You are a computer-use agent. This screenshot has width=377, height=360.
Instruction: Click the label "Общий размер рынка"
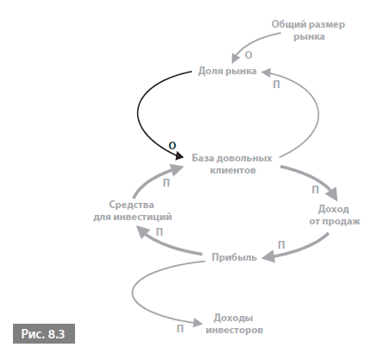pyautogui.click(x=308, y=30)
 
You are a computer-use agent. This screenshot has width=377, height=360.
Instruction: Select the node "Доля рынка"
pyautogui.click(x=227, y=71)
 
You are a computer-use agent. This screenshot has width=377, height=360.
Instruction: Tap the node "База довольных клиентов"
pyautogui.click(x=232, y=164)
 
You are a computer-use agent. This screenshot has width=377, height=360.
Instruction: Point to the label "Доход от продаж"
pyautogui.click(x=335, y=215)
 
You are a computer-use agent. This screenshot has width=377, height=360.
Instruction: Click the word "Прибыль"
pyautogui.click(x=234, y=257)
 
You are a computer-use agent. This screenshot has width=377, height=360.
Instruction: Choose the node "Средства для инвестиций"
pyautogui.click(x=133, y=211)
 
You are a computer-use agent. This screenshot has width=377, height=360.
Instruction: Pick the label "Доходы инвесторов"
pyautogui.click(x=234, y=324)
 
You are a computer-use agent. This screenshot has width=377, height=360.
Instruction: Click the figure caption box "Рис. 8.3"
pyautogui.click(x=44, y=333)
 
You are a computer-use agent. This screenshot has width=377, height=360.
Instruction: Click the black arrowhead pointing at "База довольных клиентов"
pyautogui.click(x=179, y=156)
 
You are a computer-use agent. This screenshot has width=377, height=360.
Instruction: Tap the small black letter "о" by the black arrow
pyautogui.click(x=172, y=145)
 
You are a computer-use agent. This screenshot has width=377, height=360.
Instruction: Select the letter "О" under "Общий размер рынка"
pyautogui.click(x=248, y=55)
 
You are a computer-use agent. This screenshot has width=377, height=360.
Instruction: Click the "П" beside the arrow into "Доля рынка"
pyautogui.click(x=276, y=85)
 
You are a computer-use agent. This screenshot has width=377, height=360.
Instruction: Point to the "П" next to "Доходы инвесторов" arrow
pyautogui.click(x=180, y=329)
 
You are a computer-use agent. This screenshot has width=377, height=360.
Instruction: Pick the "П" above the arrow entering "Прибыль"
pyautogui.click(x=281, y=245)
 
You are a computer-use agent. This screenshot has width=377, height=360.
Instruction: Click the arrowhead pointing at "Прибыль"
pyautogui.click(x=269, y=256)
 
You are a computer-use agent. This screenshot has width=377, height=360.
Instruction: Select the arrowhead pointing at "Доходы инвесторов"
pyautogui.click(x=198, y=323)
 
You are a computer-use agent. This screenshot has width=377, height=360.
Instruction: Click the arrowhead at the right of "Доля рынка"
pyautogui.click(x=266, y=73)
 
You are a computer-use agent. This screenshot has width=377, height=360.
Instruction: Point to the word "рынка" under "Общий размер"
pyautogui.click(x=309, y=36)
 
